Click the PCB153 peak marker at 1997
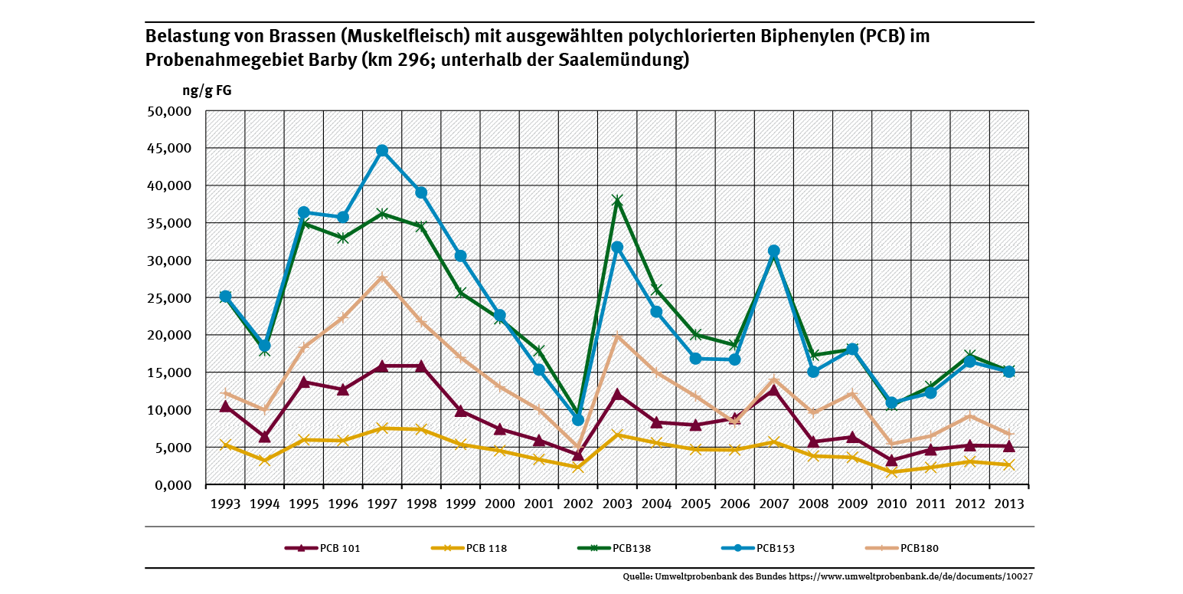(x=382, y=150)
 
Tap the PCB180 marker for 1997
(x=382, y=277)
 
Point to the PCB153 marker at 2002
(x=578, y=419)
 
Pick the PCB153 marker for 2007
(x=773, y=251)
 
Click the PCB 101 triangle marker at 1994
(x=264, y=437)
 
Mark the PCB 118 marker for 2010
(x=891, y=472)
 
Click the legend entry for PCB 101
(x=322, y=548)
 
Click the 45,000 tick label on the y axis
(x=168, y=149)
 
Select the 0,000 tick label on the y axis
(x=171, y=485)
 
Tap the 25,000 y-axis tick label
(x=168, y=298)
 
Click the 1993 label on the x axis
(x=225, y=504)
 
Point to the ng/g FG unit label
(x=207, y=90)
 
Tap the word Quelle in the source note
(x=637, y=576)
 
